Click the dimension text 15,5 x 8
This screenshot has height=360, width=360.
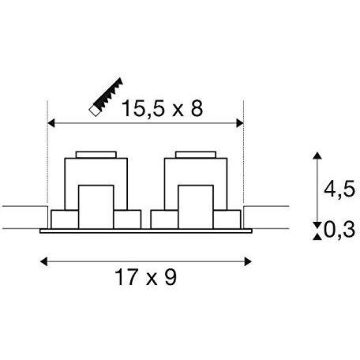click(162, 109)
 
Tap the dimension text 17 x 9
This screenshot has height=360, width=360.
click(145, 277)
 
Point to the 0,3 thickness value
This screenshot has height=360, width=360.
click(339, 230)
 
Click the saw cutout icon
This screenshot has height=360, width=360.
click(106, 96)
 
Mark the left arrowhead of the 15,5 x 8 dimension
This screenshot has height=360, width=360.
click(51, 123)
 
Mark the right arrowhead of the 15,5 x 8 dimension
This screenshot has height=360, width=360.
click(240, 123)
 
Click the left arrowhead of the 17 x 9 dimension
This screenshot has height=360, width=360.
click(43, 261)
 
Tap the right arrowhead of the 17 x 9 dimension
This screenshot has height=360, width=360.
click(248, 261)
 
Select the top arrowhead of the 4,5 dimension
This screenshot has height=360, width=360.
click(317, 156)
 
